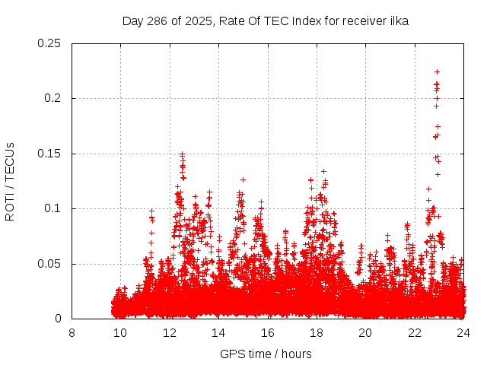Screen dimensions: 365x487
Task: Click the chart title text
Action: coord(265,21)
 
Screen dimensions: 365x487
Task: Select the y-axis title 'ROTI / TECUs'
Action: coord(10,181)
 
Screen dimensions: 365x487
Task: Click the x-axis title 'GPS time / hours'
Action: coord(266,354)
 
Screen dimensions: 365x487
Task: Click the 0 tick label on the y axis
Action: coord(59,319)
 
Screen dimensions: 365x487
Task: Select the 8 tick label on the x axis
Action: coord(72,332)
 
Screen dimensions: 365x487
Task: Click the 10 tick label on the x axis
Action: coord(121,332)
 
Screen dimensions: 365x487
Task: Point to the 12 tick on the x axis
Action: coord(170,332)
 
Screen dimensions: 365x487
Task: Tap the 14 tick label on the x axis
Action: coord(218,332)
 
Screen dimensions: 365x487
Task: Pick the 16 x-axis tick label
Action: coord(268,332)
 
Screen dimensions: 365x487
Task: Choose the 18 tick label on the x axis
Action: coord(317,332)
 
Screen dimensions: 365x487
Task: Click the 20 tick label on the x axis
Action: coord(365,332)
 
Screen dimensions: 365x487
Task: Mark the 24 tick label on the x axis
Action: coord(463,332)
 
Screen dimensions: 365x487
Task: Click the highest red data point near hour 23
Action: coord(437,71)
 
